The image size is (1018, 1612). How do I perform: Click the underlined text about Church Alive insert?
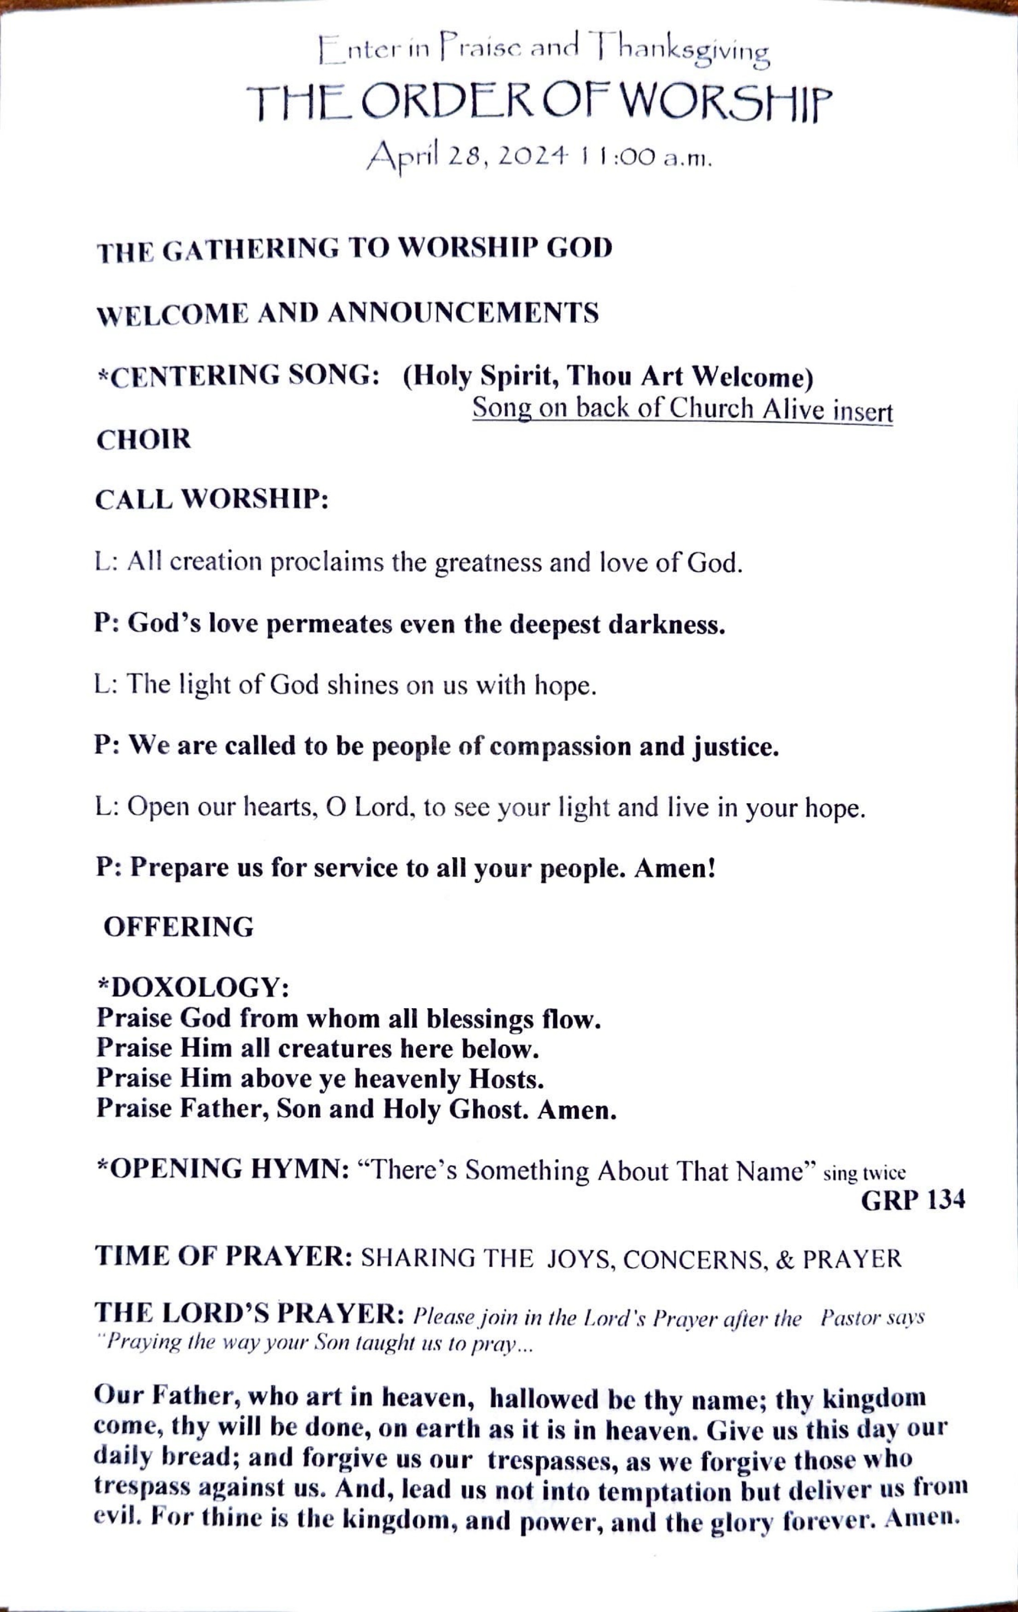coord(682,409)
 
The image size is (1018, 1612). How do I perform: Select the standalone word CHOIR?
coord(143,440)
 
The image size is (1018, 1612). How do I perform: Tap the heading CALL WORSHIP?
coord(212,499)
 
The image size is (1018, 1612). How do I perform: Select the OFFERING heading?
coord(179,927)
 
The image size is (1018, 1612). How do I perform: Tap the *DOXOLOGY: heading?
coord(194,987)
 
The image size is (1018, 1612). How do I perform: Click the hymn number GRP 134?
coord(912,1201)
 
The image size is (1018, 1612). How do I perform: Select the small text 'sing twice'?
coord(864,1174)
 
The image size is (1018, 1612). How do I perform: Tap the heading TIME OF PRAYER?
coord(224,1256)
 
